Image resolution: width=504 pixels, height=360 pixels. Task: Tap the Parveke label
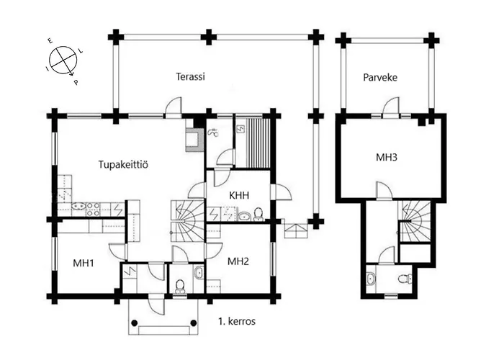click(380, 76)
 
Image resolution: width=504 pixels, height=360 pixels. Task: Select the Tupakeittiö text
click(123, 166)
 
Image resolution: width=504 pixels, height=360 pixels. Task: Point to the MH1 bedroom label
click(85, 263)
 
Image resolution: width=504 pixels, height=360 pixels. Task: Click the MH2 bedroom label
click(238, 261)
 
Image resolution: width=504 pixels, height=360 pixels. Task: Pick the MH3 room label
click(387, 157)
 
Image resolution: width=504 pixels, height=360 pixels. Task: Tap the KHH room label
click(239, 195)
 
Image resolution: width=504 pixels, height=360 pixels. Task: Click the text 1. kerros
click(236, 321)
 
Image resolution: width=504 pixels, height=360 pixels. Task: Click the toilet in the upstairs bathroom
click(406, 279)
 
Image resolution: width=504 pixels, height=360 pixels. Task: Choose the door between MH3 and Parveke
click(390, 108)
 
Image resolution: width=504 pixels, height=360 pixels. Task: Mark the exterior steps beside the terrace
click(296, 230)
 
